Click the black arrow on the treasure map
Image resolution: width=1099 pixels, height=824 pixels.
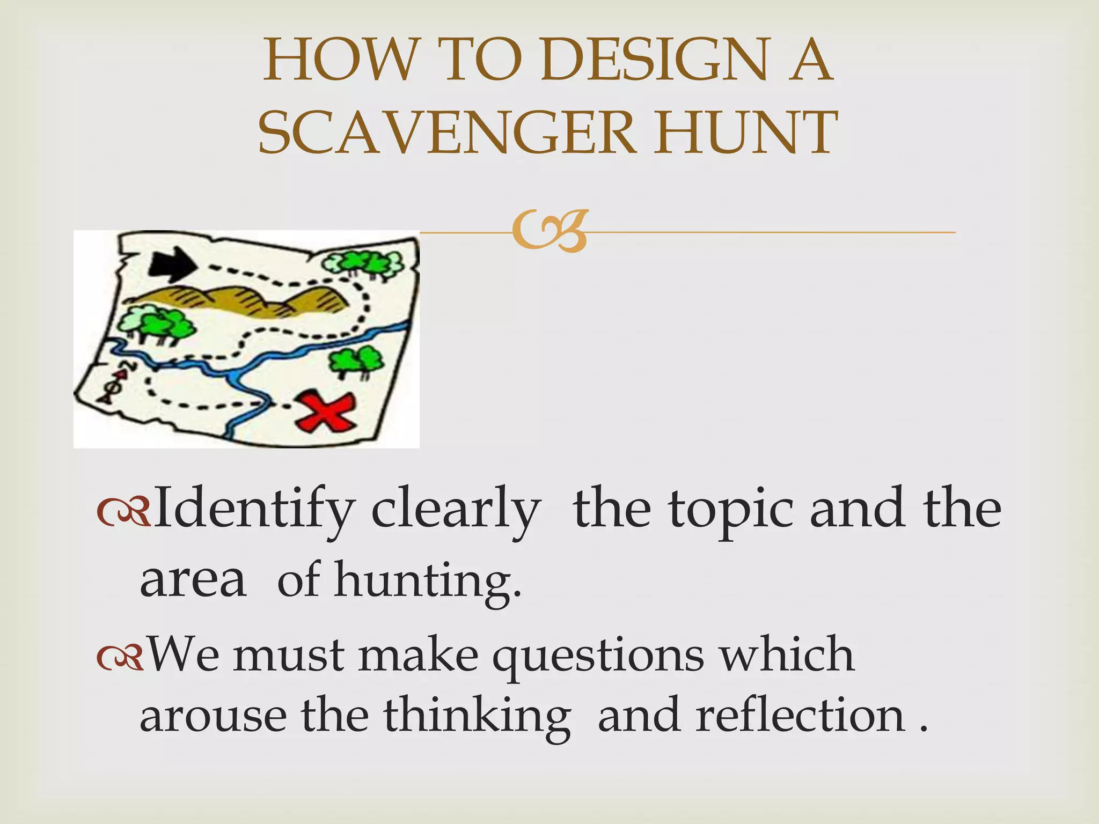(173, 265)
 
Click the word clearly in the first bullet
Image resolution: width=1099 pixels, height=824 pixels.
(456, 510)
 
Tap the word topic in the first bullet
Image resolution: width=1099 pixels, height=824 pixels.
(730, 510)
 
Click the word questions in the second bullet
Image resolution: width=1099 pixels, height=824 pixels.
(598, 656)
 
